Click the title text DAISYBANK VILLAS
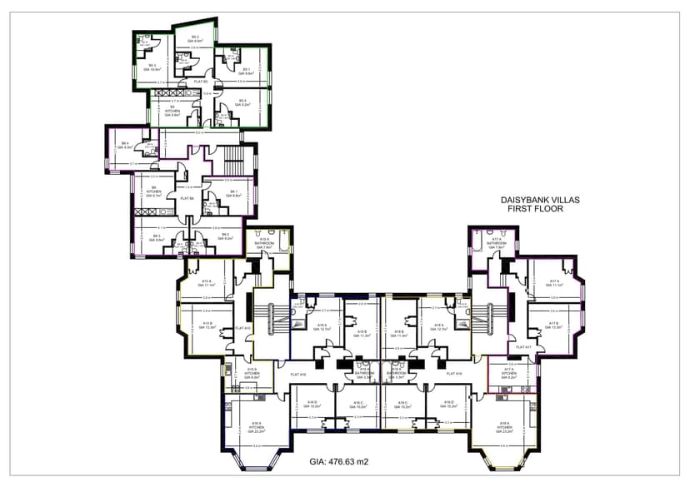pyautogui.click(x=539, y=200)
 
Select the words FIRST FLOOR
pyautogui.click(x=535, y=210)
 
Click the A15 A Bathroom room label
pyautogui.click(x=266, y=243)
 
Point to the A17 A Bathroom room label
pyautogui.click(x=497, y=243)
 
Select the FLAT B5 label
pyautogui.click(x=200, y=82)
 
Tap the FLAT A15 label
pyautogui.click(x=243, y=328)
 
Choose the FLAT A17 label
pyautogui.click(x=523, y=346)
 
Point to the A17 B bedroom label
pyautogui.click(x=552, y=325)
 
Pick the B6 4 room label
pyautogui.click(x=125, y=144)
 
